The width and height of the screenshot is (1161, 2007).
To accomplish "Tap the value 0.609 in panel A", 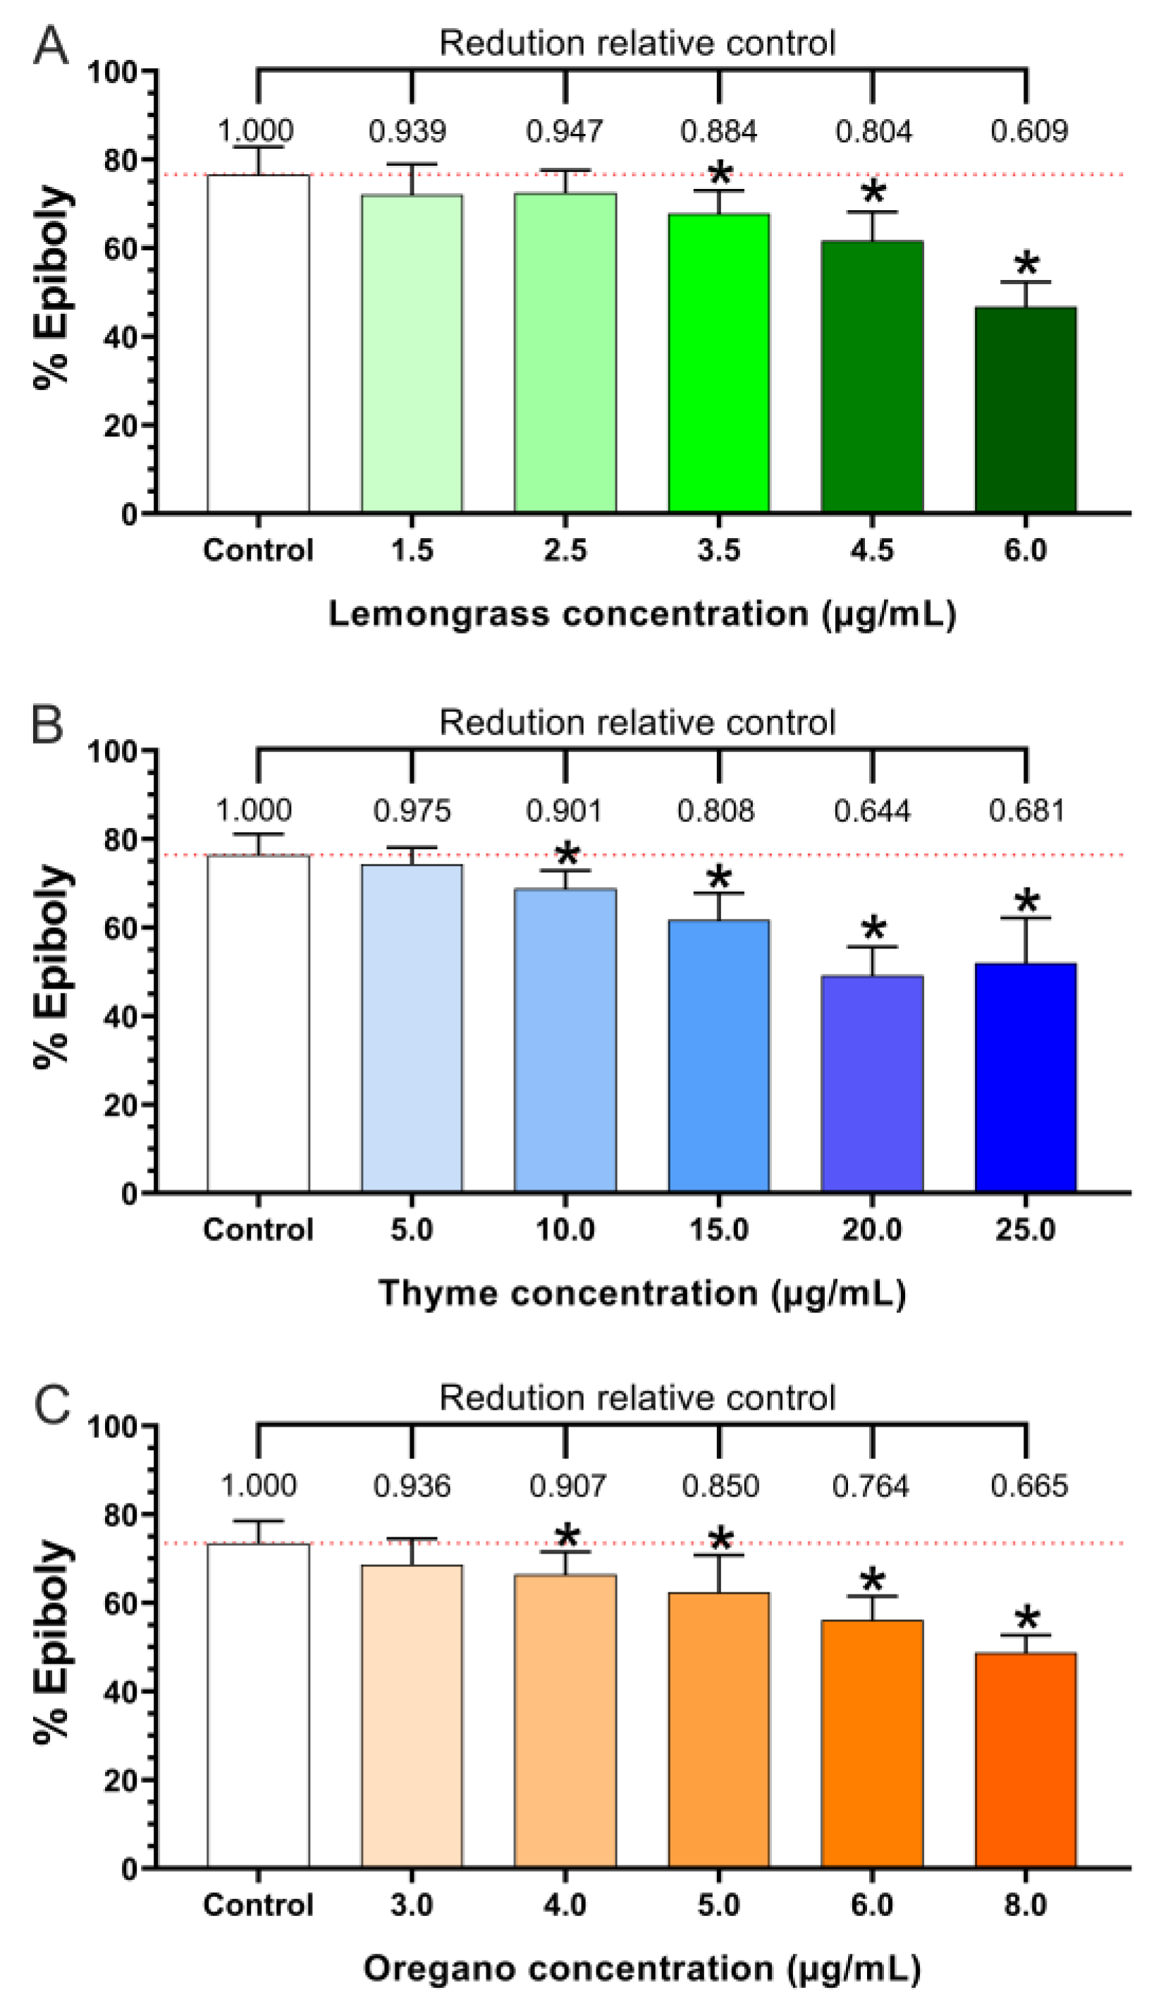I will point(1028,130).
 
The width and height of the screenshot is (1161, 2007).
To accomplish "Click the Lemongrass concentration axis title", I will point(641,615).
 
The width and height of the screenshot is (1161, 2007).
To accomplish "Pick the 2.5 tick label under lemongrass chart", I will point(565,550).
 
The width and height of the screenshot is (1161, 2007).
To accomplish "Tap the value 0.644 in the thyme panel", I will point(871,811).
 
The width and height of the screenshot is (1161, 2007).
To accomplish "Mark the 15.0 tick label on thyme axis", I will point(718,1230).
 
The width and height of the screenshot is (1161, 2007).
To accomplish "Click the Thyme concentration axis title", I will point(641,1293).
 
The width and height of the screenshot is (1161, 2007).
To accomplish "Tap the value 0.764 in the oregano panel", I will point(870,1486).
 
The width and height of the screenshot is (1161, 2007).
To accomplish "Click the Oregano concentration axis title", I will point(641,1969).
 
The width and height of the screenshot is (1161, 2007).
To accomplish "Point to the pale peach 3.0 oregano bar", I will point(412,1716).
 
